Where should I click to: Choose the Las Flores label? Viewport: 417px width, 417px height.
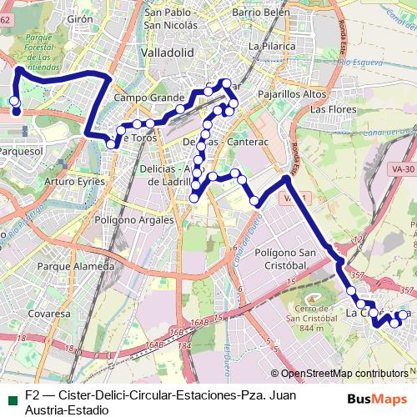coord(328,109)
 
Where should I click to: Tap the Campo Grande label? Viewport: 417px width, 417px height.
coord(143,98)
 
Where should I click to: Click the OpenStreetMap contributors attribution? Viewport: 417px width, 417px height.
coord(344,374)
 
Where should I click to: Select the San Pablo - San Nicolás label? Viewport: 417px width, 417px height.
coord(177,19)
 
